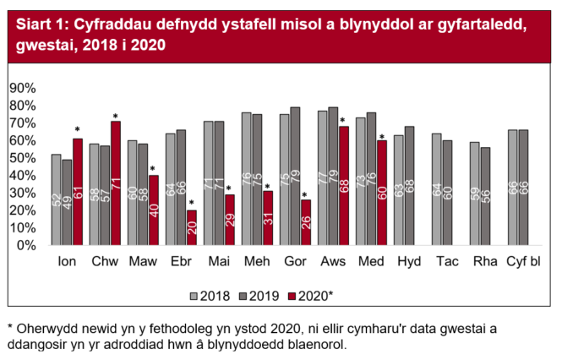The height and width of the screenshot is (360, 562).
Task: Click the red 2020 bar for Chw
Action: click(x=116, y=183)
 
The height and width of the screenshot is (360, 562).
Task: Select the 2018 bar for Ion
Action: click(x=56, y=199)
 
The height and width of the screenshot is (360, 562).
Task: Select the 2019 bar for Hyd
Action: click(x=410, y=186)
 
